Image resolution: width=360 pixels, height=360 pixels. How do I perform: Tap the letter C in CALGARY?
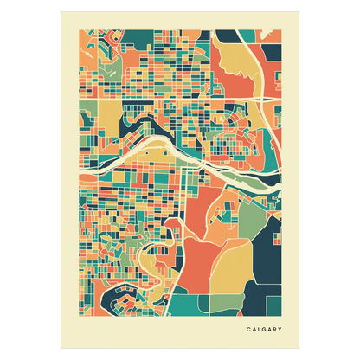(x=248, y=329)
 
